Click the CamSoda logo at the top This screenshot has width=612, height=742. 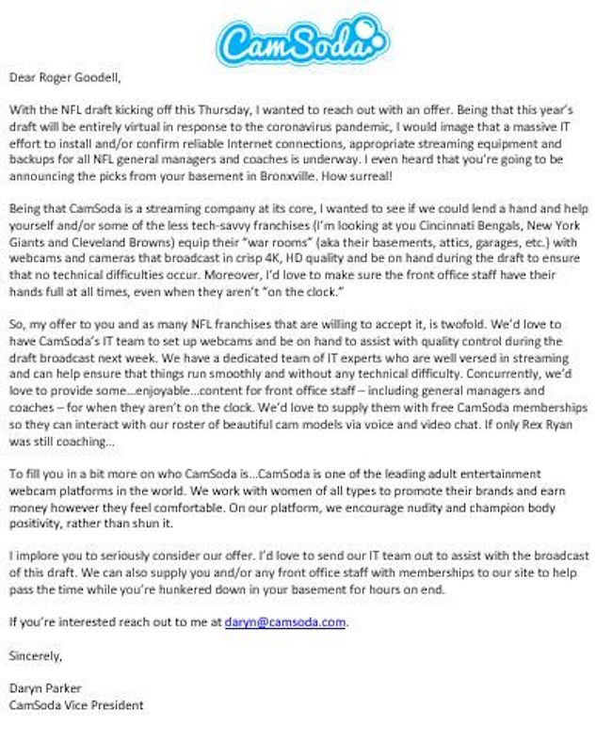[302, 39]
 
